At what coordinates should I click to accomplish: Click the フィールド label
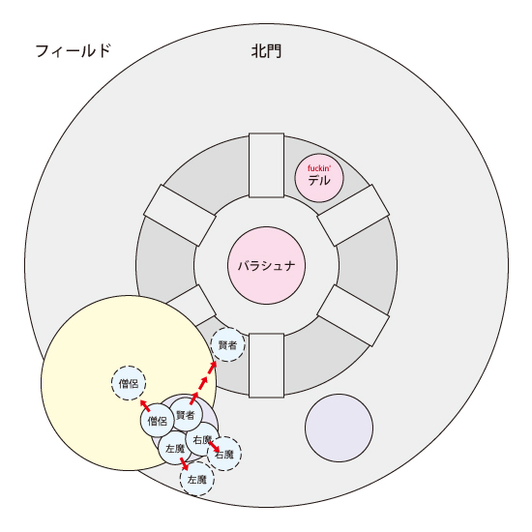[x=74, y=51]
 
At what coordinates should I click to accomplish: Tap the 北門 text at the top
[x=266, y=51]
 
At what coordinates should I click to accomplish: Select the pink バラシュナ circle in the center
[x=266, y=265]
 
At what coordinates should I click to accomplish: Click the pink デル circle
[x=319, y=178]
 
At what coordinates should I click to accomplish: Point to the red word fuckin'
[x=319, y=168]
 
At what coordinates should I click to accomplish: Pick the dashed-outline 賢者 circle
[x=227, y=344]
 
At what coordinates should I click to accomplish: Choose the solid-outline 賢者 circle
[x=186, y=415]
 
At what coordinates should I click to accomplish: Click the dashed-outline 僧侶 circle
[x=129, y=383]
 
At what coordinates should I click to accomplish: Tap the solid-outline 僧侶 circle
[x=158, y=421]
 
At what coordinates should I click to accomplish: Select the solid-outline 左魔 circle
[x=175, y=448]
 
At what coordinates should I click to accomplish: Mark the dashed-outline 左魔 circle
[x=197, y=479]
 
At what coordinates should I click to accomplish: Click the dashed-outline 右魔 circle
[x=224, y=454]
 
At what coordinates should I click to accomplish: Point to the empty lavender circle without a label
[x=339, y=428]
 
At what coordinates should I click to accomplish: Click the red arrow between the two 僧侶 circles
[x=145, y=405]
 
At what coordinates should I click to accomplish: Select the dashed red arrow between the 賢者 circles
[x=203, y=383]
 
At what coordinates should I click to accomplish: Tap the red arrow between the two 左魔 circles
[x=184, y=463]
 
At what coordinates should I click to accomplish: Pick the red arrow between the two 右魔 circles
[x=214, y=447]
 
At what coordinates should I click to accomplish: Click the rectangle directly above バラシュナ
[x=266, y=165]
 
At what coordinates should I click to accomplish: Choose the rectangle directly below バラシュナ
[x=266, y=366]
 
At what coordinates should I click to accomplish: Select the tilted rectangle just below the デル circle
[x=353, y=215]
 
